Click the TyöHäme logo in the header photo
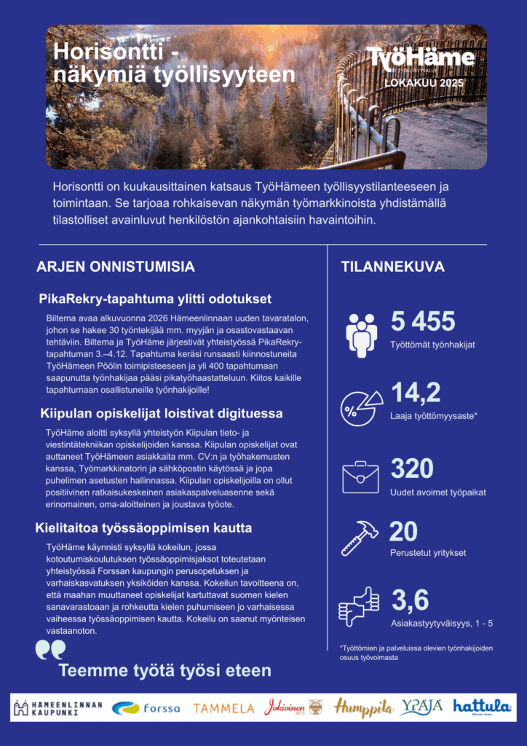pyautogui.click(x=420, y=59)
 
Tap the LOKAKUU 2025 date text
pyautogui.click(x=420, y=82)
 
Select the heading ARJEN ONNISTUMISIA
pyautogui.click(x=116, y=267)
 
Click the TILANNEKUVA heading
pyautogui.click(x=393, y=267)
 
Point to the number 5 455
pyautogui.click(x=423, y=321)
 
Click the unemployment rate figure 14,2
pyautogui.click(x=416, y=393)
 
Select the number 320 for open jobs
pyautogui.click(x=412, y=468)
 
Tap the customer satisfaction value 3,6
pyautogui.click(x=410, y=600)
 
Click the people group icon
pyautogui.click(x=361, y=334)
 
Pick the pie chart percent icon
pyautogui.click(x=362, y=407)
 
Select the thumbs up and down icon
pyautogui.click(x=359, y=607)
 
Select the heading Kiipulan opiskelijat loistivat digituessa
pyautogui.click(x=162, y=414)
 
